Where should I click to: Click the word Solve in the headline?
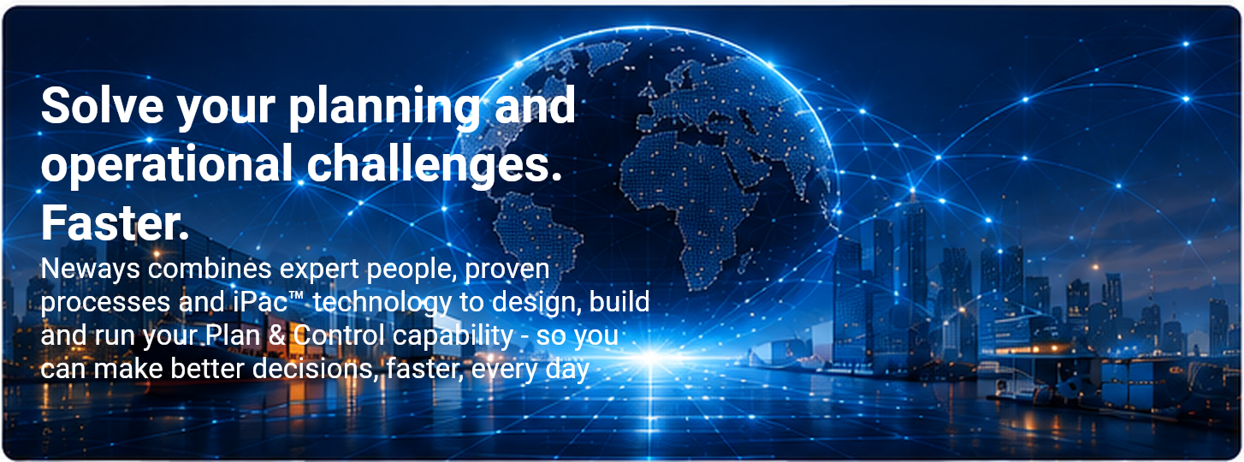pyautogui.click(x=102, y=105)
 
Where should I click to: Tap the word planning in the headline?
pyautogui.click(x=384, y=109)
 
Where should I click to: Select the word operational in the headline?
pyautogui.click(x=166, y=165)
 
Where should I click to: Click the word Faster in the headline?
pyautogui.click(x=115, y=222)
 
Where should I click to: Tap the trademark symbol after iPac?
pyautogui.click(x=296, y=295)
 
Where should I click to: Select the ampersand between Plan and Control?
pyautogui.click(x=277, y=335)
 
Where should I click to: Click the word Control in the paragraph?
pyautogui.click(x=339, y=335)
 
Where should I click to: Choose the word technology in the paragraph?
pyautogui.click(x=382, y=304)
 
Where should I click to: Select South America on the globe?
pyautogui.click(x=536, y=234)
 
